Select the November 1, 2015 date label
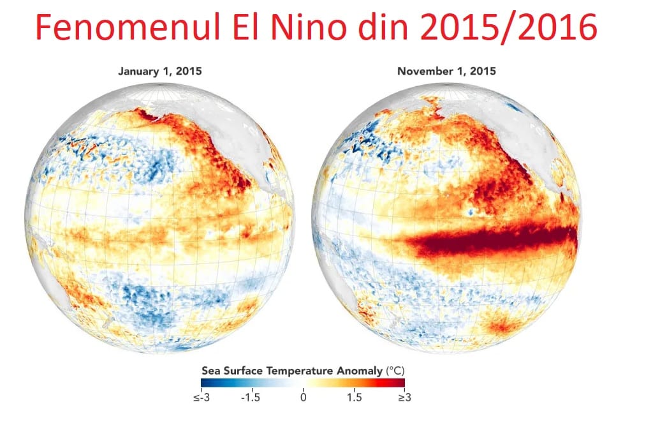pos(446,71)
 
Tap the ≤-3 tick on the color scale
pos(200,398)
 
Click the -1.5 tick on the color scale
pos(251,398)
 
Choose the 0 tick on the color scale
pos(303,398)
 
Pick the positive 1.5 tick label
pos(355,398)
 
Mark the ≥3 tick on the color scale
pos(405,398)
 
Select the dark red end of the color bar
pos(401,383)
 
